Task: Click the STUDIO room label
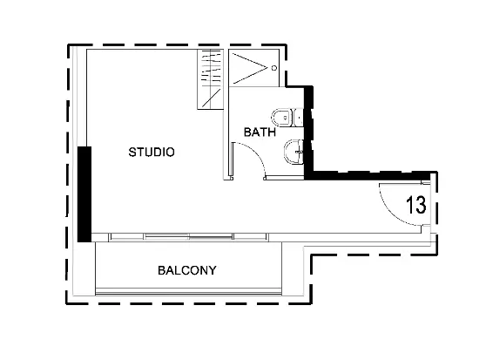[152, 152]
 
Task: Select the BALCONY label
[186, 270]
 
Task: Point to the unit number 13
[415, 206]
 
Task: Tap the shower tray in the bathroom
[253, 68]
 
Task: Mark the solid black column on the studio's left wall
[84, 194]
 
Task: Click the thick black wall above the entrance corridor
[366, 175]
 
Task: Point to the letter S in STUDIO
[132, 152]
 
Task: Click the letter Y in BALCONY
[212, 270]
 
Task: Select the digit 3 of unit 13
[421, 206]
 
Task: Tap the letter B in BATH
[247, 132]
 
